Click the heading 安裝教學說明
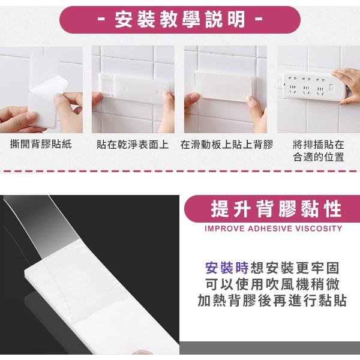[x=180, y=20]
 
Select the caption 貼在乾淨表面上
[x=133, y=145]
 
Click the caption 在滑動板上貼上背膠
[x=226, y=145]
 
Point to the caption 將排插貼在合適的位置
[x=319, y=151]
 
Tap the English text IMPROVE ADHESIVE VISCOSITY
[x=273, y=229]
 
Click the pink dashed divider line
[x=180, y=172]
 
